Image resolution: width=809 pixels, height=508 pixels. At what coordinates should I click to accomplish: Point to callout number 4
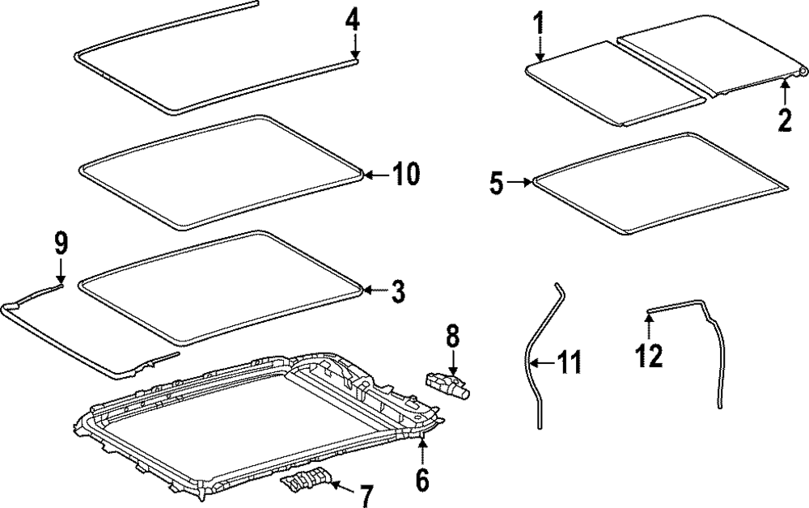pyautogui.click(x=352, y=18)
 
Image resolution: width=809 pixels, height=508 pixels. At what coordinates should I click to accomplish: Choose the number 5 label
pyautogui.click(x=496, y=184)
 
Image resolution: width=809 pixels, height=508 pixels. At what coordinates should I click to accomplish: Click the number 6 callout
pyautogui.click(x=421, y=480)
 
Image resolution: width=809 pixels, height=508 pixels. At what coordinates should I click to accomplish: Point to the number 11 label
pyautogui.click(x=568, y=364)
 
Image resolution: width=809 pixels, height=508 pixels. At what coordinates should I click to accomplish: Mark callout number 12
pyautogui.click(x=649, y=353)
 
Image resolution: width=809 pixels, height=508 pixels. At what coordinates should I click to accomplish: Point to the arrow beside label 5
pyautogui.click(x=520, y=184)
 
